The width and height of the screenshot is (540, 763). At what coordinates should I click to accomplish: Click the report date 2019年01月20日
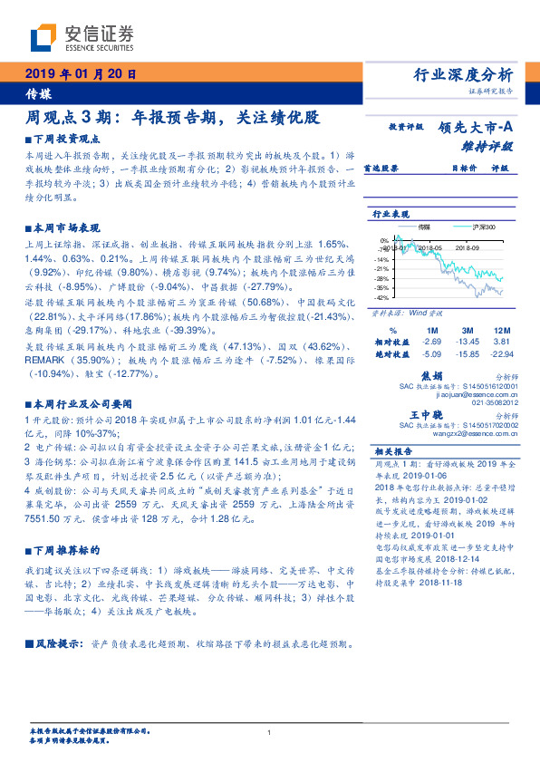coord(80,74)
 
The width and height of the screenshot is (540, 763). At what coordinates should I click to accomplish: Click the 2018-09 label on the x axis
coord(468,246)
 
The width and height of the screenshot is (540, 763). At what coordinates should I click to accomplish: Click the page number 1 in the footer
coord(270,732)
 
